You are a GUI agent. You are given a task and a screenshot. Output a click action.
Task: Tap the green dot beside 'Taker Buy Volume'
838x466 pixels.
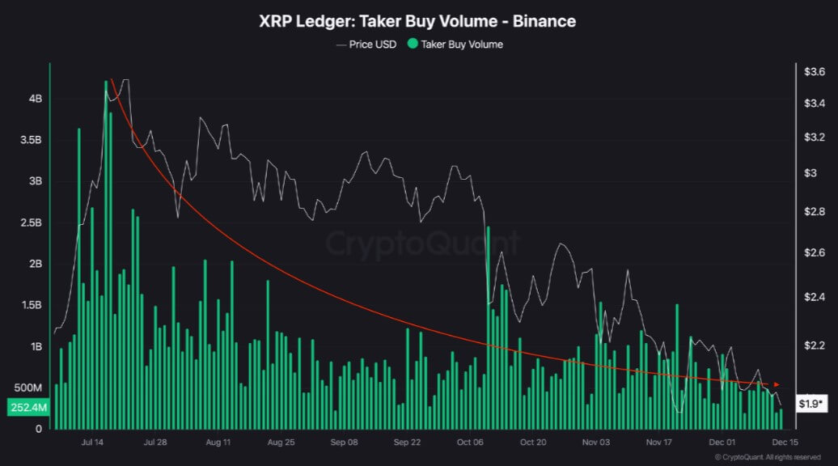(413, 44)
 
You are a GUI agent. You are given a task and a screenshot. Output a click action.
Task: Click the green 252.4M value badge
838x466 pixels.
(28, 409)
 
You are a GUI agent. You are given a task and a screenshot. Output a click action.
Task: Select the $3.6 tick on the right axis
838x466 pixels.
(814, 72)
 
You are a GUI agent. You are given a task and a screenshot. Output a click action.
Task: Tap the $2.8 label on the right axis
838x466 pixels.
(814, 211)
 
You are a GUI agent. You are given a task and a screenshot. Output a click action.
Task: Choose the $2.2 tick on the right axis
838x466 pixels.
(814, 345)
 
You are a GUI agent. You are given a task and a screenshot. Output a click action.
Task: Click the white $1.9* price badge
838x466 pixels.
(810, 403)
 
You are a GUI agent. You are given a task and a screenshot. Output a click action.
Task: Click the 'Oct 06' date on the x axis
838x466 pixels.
(469, 443)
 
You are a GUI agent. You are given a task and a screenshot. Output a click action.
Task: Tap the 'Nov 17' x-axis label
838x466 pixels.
(659, 443)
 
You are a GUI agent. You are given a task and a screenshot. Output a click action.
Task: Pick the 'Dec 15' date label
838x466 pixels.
(785, 443)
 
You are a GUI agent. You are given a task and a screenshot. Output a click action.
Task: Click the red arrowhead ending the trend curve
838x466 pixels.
(777, 384)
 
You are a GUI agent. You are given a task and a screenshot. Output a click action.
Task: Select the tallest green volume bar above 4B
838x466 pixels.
(107, 243)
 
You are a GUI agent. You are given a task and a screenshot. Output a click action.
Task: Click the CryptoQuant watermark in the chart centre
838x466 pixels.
(423, 242)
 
